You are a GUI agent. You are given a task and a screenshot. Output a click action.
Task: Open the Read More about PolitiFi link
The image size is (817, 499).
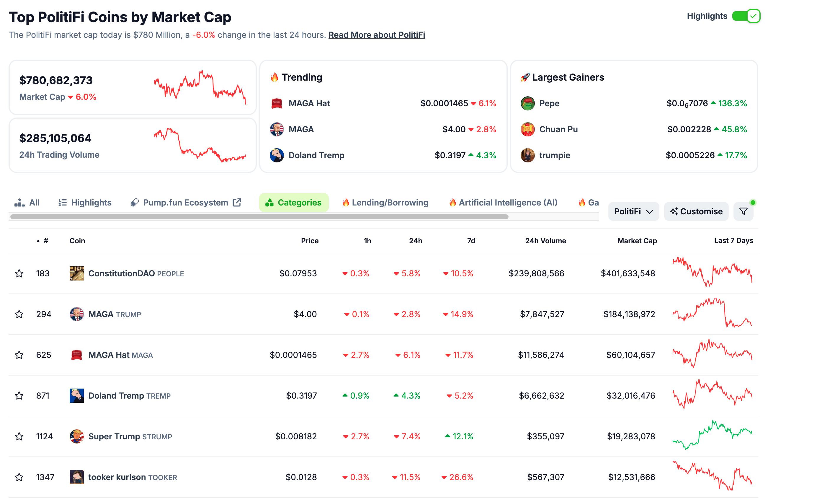coord(376,35)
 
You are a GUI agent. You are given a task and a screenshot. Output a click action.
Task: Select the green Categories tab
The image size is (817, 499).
coord(293,202)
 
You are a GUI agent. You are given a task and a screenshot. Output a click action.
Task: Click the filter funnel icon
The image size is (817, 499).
coord(743,211)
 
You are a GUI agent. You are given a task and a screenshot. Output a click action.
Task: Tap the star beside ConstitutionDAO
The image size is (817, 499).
coord(19,273)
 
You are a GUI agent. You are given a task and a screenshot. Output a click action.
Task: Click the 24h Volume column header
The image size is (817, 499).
coord(545,241)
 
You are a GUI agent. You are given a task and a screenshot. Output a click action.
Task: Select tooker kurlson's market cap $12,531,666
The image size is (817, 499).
coord(631,477)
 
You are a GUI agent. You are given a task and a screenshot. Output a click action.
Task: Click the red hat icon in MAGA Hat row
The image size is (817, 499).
coord(77,355)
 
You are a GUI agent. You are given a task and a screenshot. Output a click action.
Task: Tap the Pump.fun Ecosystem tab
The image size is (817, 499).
coord(185,202)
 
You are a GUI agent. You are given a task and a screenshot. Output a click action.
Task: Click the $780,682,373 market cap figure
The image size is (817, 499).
coord(56,80)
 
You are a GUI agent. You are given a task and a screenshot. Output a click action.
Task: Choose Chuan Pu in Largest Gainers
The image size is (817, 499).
coord(558,129)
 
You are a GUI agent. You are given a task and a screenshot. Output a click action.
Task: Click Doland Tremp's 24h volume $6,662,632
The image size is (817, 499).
coord(541,395)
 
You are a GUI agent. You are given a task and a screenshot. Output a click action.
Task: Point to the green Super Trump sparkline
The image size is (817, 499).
coord(712,435)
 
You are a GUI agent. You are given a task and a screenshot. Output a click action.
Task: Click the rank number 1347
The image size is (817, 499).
coord(45,477)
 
